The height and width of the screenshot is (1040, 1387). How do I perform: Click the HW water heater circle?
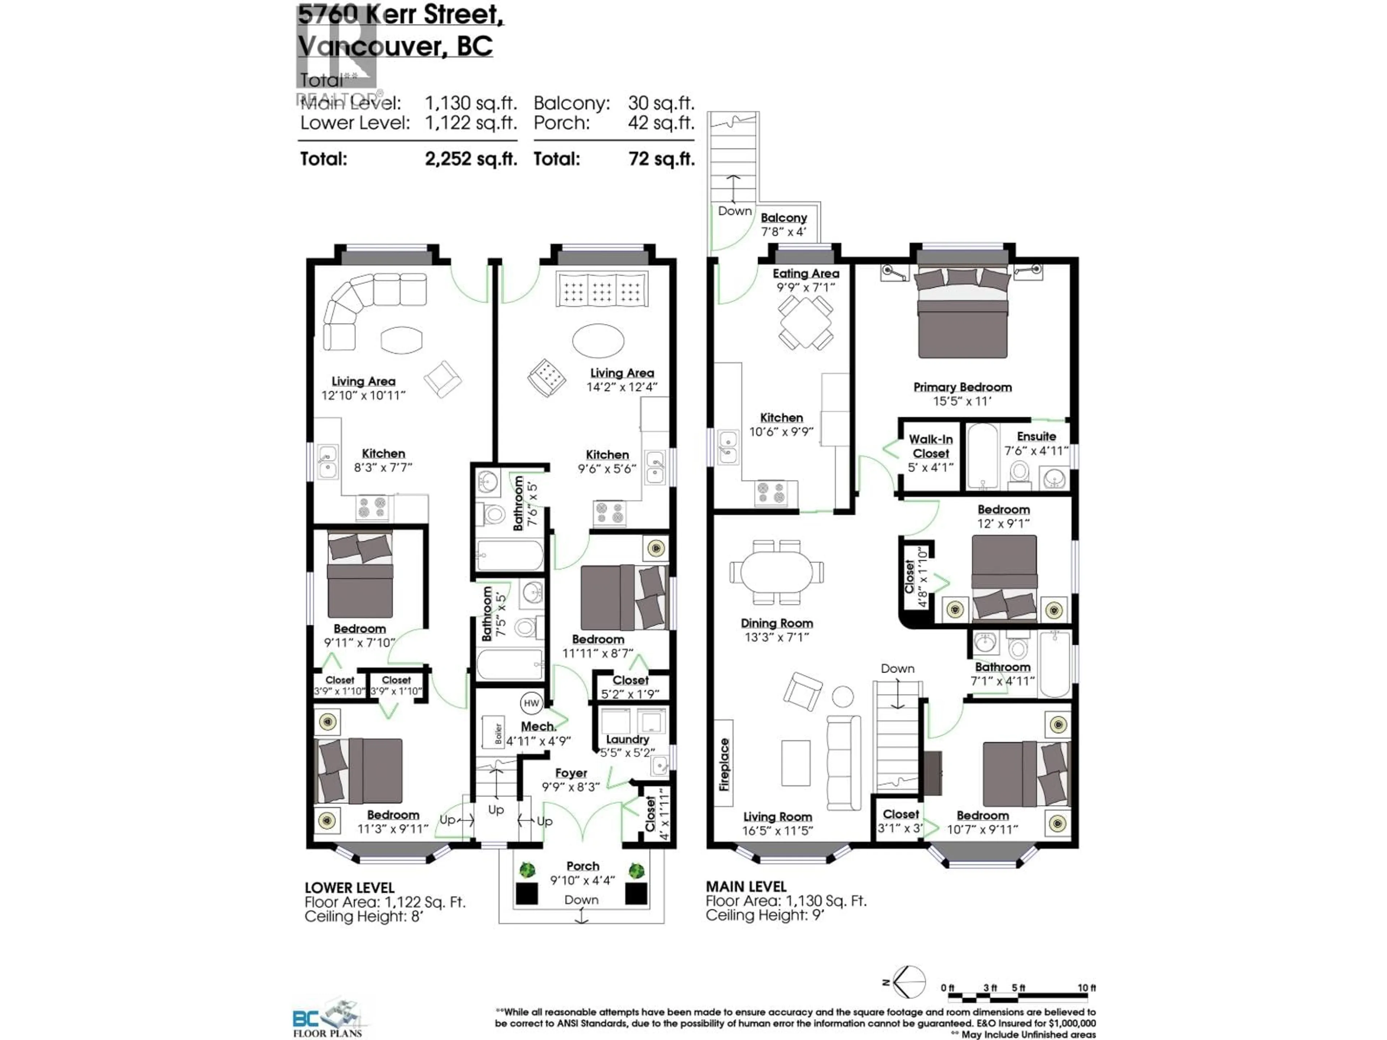(x=531, y=703)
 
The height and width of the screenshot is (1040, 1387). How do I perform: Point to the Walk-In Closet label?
(x=930, y=446)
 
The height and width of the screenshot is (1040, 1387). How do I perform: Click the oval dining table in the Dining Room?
(x=776, y=572)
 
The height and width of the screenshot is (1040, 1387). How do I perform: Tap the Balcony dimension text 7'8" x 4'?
(x=783, y=231)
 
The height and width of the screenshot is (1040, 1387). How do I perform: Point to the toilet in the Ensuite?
(x=1020, y=474)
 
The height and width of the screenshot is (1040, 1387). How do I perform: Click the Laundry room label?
(x=627, y=739)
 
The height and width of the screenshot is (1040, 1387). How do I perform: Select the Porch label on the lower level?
(x=583, y=866)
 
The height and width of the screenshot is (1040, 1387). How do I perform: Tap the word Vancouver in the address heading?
(x=369, y=46)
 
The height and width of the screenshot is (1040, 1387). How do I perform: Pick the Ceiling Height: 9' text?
(x=764, y=915)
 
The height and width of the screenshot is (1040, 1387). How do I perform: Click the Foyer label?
(x=571, y=773)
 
